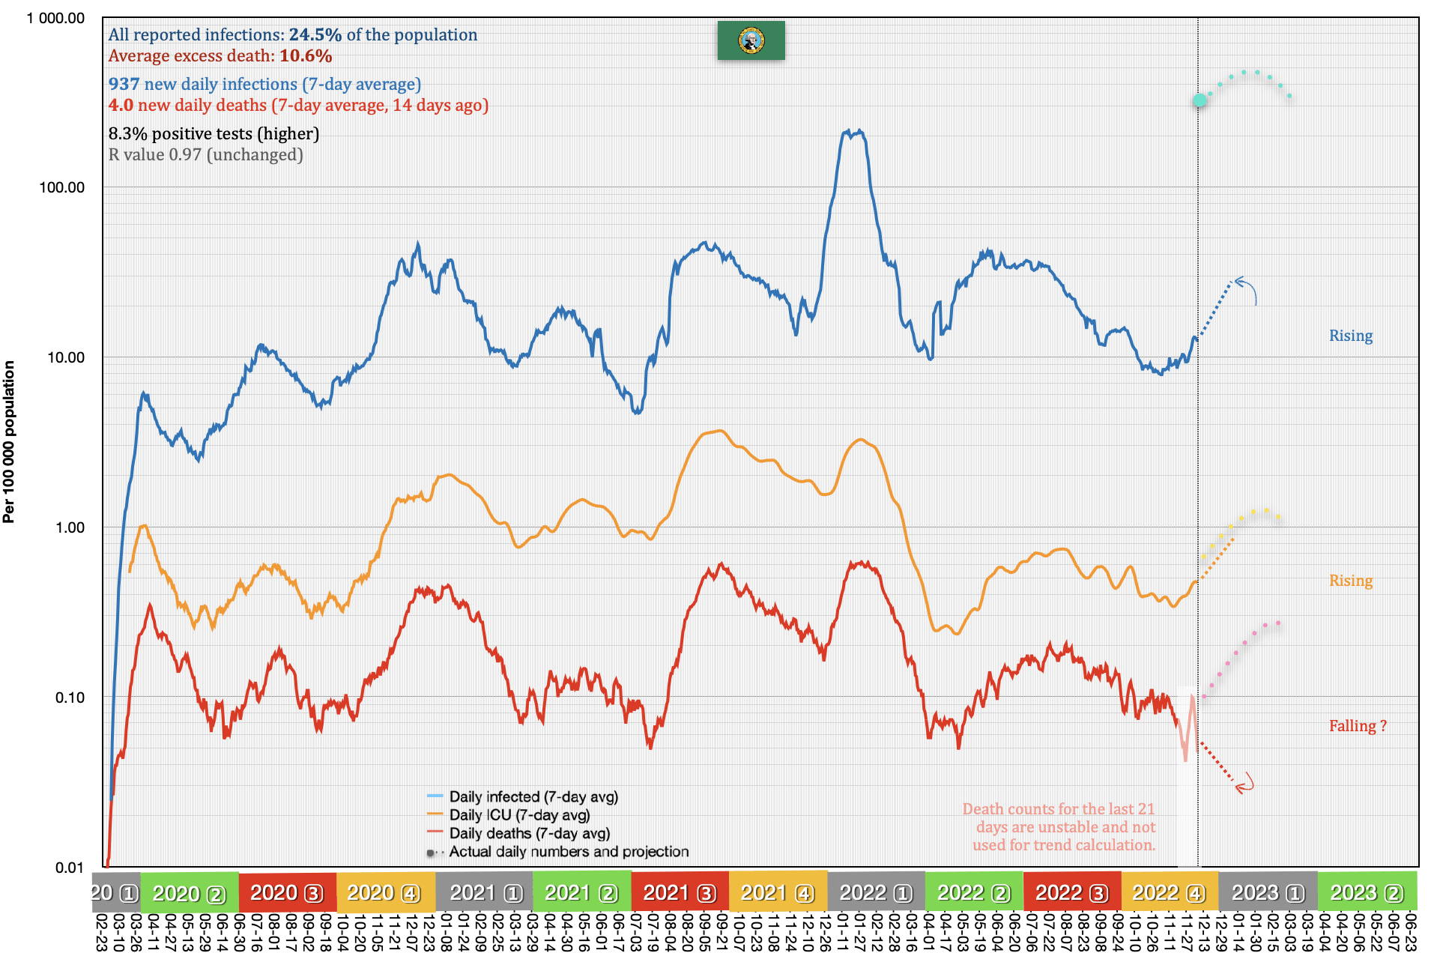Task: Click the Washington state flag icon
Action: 751,40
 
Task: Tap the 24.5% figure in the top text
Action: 315,34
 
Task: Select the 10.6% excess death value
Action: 306,55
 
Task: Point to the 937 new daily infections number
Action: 124,84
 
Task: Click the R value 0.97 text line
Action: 205,154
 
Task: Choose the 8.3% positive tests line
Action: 214,133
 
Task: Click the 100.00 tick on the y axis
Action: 62,187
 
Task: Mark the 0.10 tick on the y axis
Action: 70,698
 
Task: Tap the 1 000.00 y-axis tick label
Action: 55,18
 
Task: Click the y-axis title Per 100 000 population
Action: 9,442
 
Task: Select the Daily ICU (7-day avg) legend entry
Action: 519,815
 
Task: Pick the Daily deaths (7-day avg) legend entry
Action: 529,833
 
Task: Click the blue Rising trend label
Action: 1350,336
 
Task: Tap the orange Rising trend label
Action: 1350,581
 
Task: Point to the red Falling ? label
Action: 1357,726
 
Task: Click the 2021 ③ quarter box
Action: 680,893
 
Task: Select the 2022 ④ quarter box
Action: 1169,893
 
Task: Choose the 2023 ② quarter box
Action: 1366,893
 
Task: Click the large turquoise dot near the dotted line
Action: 1200,100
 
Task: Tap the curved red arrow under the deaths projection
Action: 1244,784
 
